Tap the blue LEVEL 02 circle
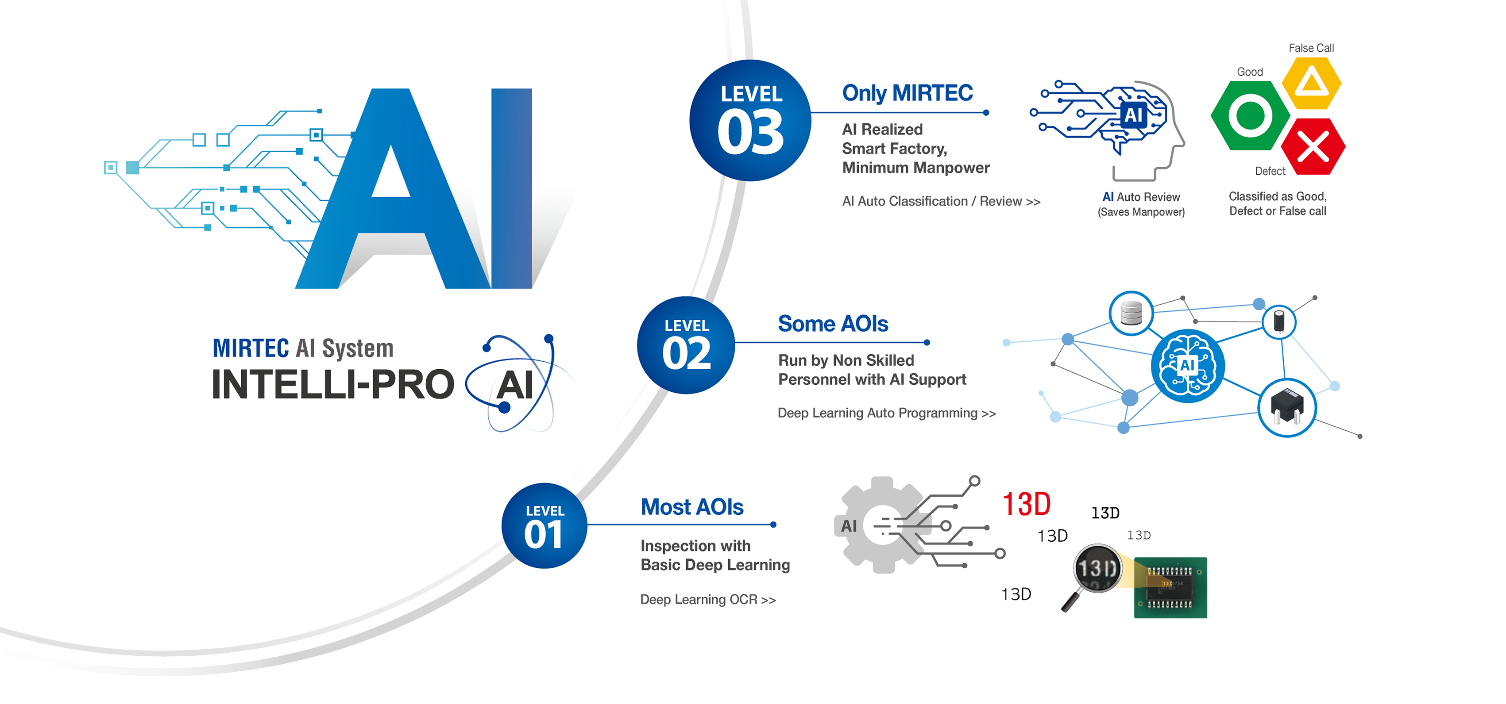point(686,345)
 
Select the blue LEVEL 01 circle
point(544,526)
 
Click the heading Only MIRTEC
point(907,93)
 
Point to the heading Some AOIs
point(833,324)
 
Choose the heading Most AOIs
point(692,507)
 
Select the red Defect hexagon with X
point(1313,146)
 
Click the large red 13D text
point(1026,504)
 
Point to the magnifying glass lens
point(1097,568)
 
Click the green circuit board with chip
point(1170,588)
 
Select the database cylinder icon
point(1131,313)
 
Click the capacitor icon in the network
point(1279,321)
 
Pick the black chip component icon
point(1287,407)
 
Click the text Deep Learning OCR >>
point(708,600)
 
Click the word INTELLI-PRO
point(332,384)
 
